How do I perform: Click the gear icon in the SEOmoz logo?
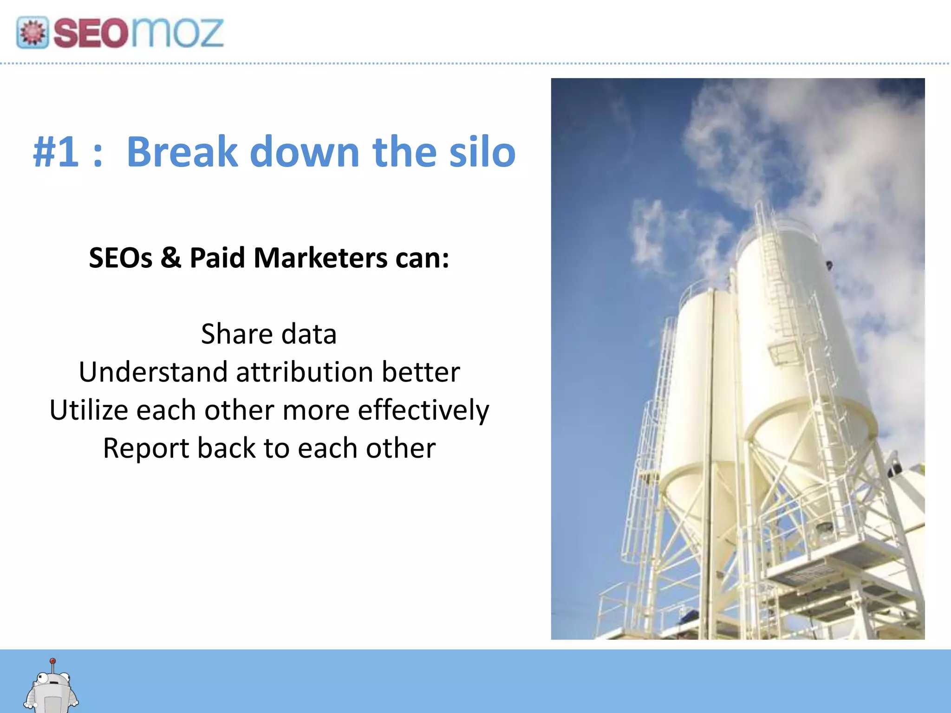(x=32, y=32)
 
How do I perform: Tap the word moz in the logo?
(x=177, y=33)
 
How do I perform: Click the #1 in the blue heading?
(x=56, y=152)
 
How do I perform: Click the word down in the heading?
(x=304, y=152)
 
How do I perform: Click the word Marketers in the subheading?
(x=320, y=258)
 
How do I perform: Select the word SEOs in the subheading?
(x=121, y=258)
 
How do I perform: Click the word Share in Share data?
(x=237, y=334)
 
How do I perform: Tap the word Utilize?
(x=89, y=410)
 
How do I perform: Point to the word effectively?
(x=423, y=410)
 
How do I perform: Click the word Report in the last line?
(x=146, y=448)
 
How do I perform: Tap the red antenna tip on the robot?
(x=53, y=661)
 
